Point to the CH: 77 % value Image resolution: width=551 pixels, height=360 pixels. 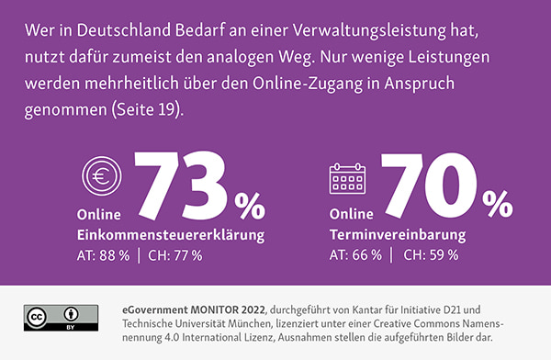click(174, 254)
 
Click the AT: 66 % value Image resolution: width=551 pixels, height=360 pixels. click(354, 254)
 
